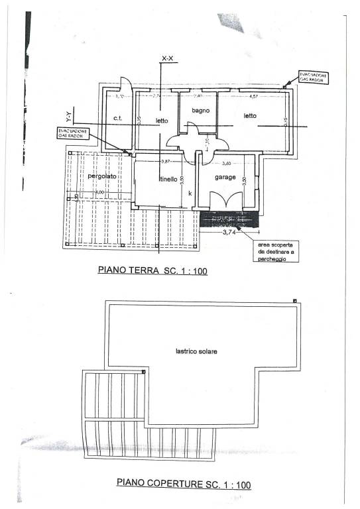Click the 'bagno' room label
(201, 110)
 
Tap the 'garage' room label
(225, 178)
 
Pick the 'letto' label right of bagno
(249, 116)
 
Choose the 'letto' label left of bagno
(162, 121)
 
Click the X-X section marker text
(167, 60)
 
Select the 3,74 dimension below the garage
(229, 233)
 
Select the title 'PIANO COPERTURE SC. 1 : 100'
(183, 484)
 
